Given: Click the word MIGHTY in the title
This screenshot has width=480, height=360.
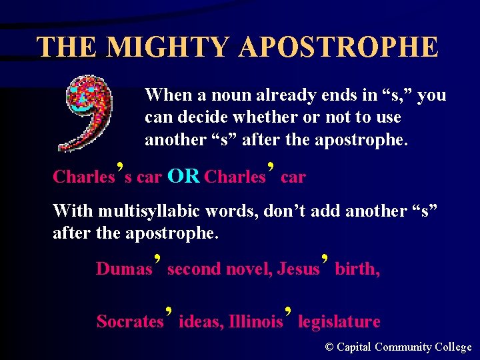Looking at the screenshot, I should [x=167, y=47].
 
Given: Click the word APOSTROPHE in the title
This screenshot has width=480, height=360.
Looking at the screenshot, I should [x=338, y=47].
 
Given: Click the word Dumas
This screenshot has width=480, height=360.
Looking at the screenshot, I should [x=124, y=269].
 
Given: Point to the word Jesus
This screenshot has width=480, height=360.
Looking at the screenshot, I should [x=298, y=269].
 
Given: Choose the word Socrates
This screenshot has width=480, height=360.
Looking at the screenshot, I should [x=130, y=321].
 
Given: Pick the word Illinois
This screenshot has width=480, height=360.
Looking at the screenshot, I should [x=255, y=321].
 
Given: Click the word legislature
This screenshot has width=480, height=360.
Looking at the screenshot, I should [x=339, y=321].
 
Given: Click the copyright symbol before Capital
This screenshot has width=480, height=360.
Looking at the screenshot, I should [x=329, y=347].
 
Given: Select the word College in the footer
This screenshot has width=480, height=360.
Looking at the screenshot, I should [x=453, y=347].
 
